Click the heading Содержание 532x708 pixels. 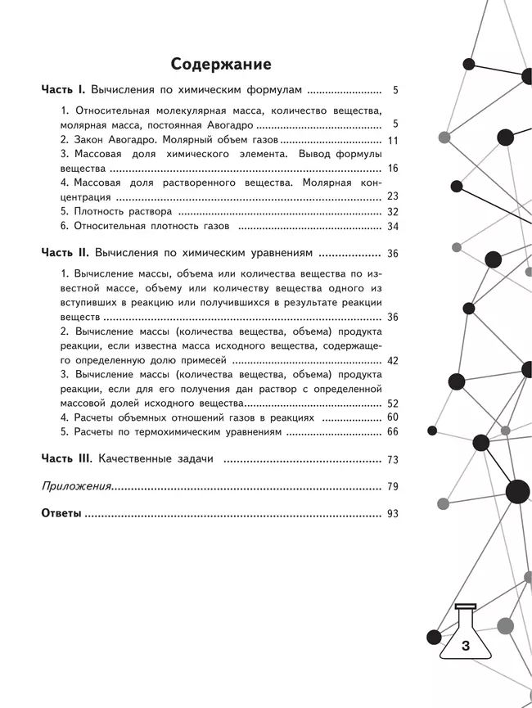220,64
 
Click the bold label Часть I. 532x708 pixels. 65,92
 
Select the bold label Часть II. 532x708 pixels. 66,254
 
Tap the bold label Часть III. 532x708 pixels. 69,459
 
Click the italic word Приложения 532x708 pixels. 76,487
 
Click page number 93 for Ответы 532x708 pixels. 391,514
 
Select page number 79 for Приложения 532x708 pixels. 391,487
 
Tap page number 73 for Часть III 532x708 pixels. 391,460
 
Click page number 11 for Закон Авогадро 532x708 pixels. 392,141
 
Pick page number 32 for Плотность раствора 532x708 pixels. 391,211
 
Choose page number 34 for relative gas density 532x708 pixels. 391,227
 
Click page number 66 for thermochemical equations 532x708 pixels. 391,432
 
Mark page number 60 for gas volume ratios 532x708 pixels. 391,417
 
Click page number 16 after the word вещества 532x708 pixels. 391,169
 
